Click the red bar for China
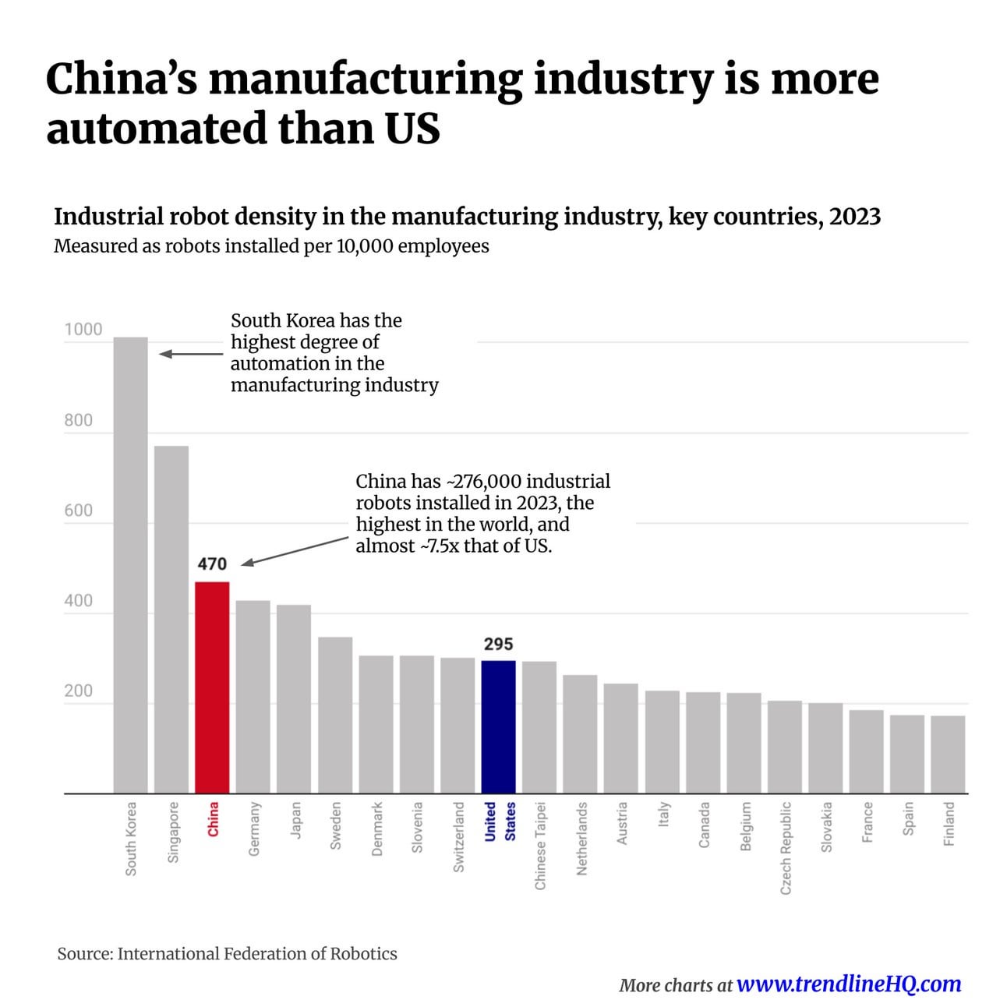tap(211, 687)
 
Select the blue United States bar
tap(498, 726)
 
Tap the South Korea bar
tap(130, 565)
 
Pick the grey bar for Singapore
tap(171, 620)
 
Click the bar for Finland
tap(948, 754)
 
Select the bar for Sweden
tap(335, 715)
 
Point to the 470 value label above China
tap(212, 564)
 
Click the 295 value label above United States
tap(498, 644)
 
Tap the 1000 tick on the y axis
tap(83, 329)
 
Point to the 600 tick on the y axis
tap(78, 511)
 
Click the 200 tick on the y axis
tap(78, 691)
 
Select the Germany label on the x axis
tap(254, 829)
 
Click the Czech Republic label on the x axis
tap(786, 847)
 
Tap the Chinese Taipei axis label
tap(540, 845)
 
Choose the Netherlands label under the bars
tap(581, 838)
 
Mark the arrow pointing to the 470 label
tap(295, 550)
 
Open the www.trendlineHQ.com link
tap(848, 984)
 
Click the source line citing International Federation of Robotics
tap(227, 953)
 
